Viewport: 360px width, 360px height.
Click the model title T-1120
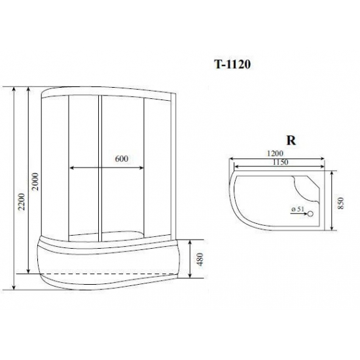[232, 65]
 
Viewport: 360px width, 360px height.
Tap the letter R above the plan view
[291, 140]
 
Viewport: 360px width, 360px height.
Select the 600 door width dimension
[122, 158]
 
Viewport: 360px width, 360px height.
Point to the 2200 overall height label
[22, 202]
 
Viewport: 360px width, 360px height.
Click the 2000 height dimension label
[35, 181]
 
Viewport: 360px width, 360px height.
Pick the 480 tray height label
[200, 259]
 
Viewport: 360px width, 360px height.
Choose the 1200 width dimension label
[275, 153]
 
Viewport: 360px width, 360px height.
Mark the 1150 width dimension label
[280, 162]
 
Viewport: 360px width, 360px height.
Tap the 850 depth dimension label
[342, 203]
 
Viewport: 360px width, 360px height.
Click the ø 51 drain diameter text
[298, 209]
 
